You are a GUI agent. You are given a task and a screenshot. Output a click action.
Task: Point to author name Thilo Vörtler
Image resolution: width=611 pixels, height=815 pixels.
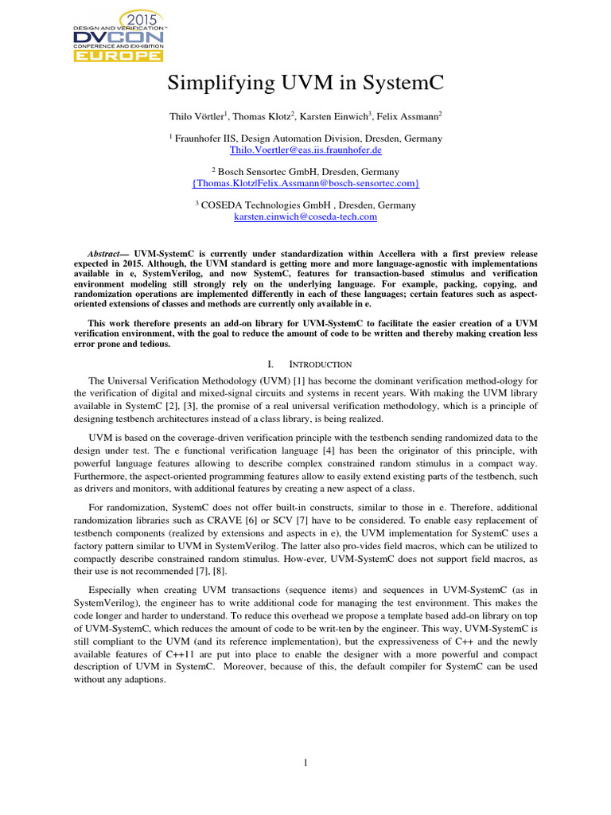197,116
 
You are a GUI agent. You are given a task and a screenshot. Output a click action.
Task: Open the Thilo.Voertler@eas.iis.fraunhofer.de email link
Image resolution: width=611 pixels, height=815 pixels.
305,150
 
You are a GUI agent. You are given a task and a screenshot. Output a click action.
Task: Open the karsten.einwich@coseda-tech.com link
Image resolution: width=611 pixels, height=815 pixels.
305,216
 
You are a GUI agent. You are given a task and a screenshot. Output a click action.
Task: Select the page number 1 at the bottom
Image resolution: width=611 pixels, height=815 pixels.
305,763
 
